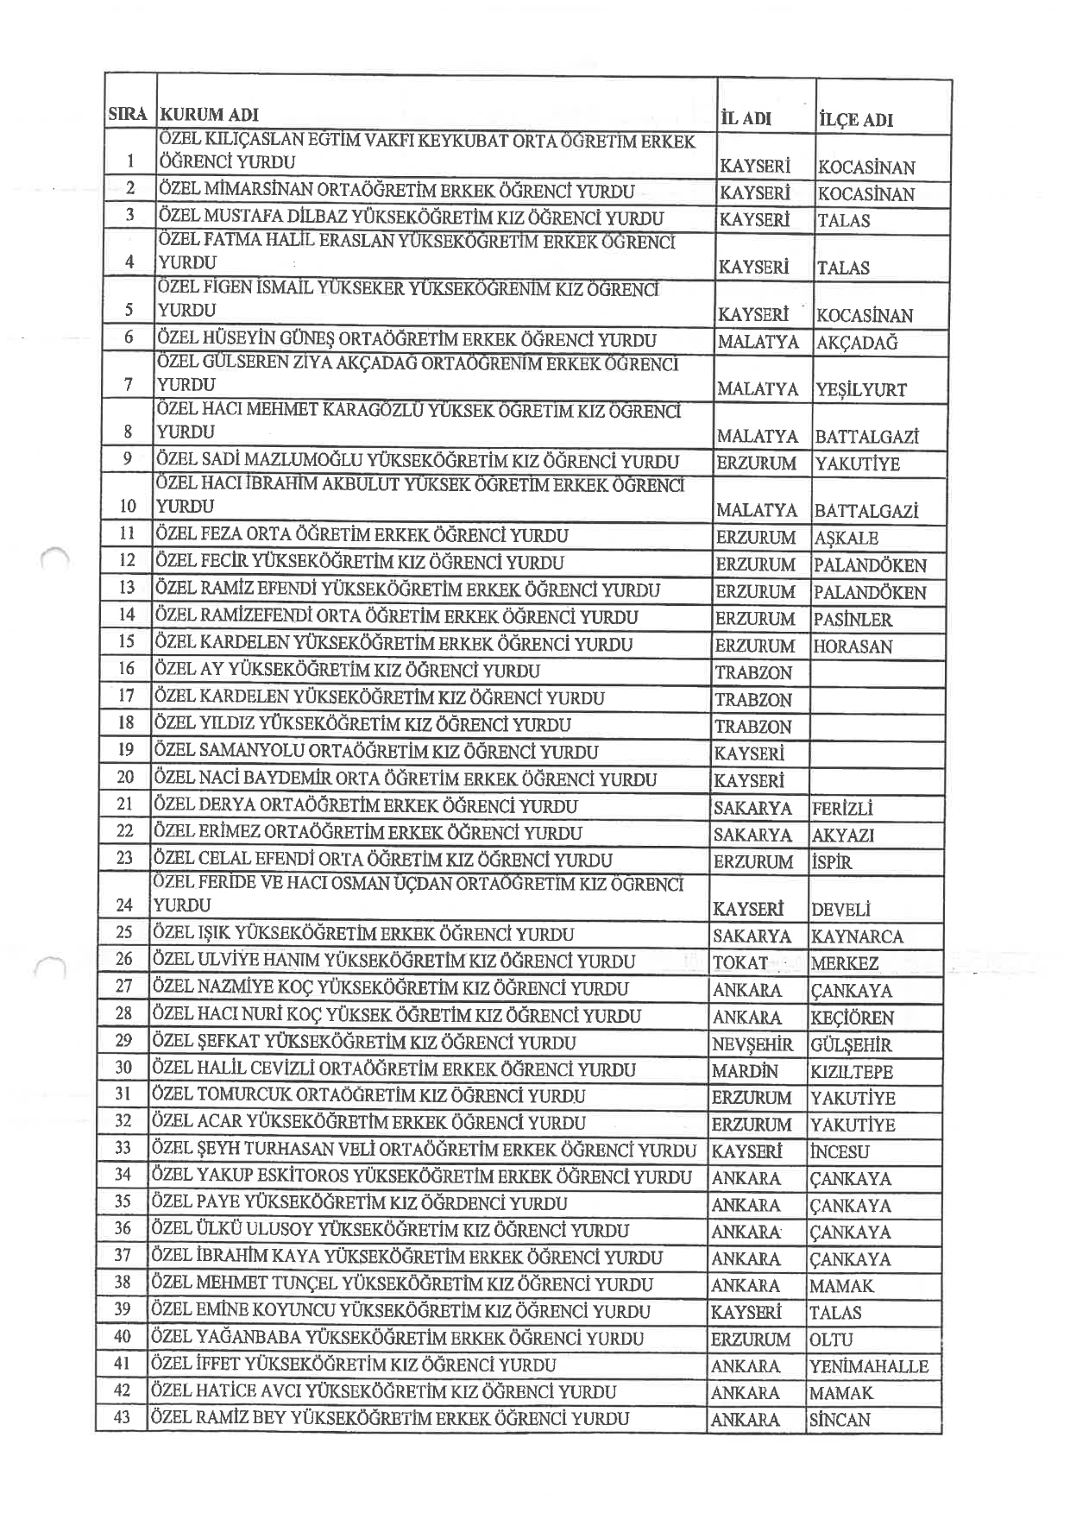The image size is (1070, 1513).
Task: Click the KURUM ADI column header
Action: pos(210,115)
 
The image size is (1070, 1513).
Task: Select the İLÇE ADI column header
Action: pos(854,120)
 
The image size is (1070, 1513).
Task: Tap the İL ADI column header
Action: pos(745,118)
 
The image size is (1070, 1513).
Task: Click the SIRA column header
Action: pos(128,114)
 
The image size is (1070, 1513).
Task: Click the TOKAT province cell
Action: pos(740,962)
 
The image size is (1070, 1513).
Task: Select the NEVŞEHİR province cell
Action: pos(752,1044)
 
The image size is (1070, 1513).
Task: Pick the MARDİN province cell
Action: pos(745,1071)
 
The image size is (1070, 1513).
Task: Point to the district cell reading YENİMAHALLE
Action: pos(868,1366)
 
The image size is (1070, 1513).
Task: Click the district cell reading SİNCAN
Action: pos(840,1419)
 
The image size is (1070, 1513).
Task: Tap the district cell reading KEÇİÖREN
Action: pos(852,1018)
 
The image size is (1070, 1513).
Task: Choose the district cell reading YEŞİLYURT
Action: pos(860,389)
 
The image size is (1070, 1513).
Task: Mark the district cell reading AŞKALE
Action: pos(846,538)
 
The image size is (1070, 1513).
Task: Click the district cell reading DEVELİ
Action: pos(840,909)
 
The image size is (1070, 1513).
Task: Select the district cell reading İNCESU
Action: pos(840,1151)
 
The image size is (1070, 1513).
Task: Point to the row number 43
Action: pos(122,1417)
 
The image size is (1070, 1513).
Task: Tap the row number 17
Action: pos(126,696)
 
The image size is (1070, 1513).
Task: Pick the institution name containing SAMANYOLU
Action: pos(375,752)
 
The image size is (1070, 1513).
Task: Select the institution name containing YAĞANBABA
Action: pos(397,1338)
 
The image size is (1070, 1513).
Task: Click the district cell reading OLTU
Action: pos(831,1340)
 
